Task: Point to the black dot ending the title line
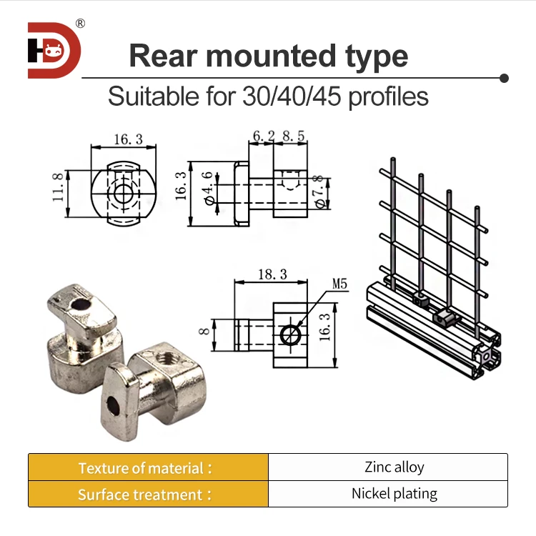(x=504, y=77)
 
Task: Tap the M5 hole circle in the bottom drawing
(x=290, y=334)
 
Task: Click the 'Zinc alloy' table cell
(x=394, y=467)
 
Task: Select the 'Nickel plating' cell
(x=394, y=494)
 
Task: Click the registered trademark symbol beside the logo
(x=80, y=24)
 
